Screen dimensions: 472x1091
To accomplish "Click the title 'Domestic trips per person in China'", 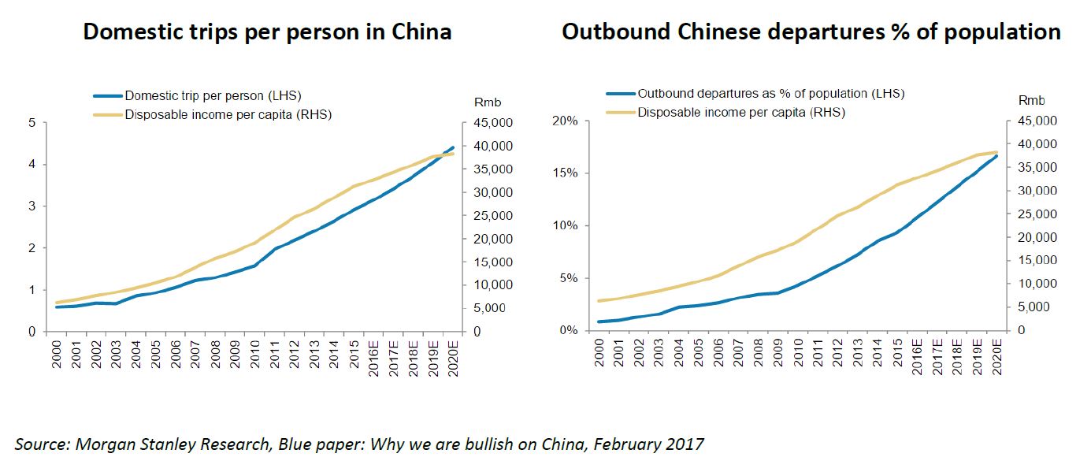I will click(x=267, y=32).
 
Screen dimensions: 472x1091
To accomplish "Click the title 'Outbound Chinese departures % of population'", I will click(x=811, y=32).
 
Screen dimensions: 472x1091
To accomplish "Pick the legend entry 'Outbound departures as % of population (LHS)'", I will click(x=770, y=94).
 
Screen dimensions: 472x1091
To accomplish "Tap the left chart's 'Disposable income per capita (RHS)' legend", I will click(x=228, y=115).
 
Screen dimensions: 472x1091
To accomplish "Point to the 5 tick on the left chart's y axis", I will click(x=32, y=123).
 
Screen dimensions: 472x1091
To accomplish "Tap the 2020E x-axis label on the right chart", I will click(x=996, y=357).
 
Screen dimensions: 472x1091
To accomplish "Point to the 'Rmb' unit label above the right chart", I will click(x=1031, y=101).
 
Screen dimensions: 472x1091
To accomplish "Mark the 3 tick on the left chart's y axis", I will click(x=32, y=206).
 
